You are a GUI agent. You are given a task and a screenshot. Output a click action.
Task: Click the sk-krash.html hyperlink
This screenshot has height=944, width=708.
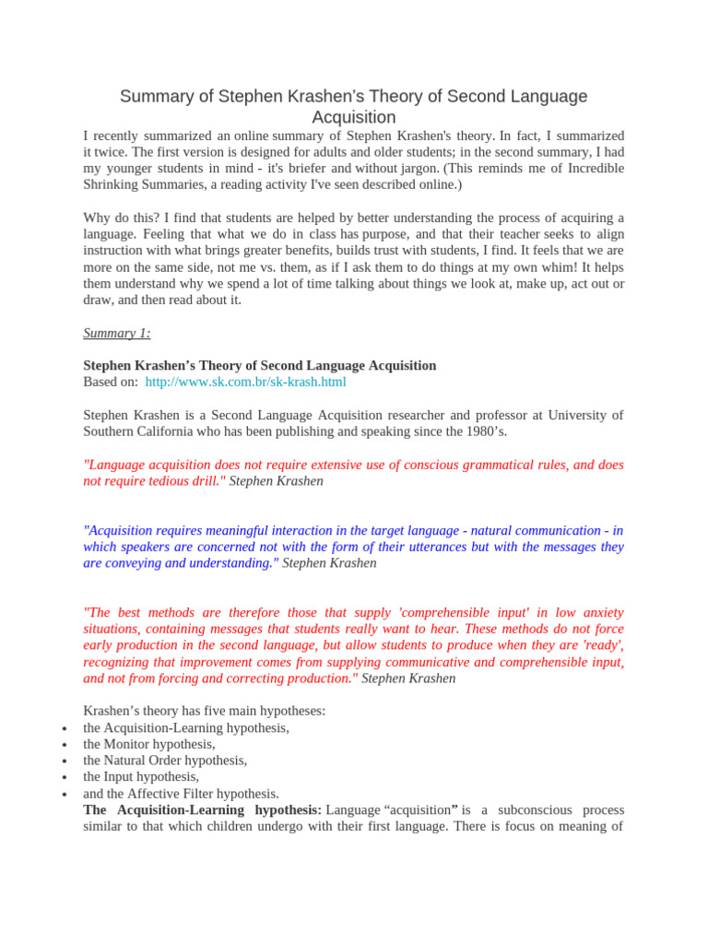[x=245, y=382]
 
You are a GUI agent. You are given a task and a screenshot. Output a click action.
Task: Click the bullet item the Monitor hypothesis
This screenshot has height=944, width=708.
[x=149, y=744]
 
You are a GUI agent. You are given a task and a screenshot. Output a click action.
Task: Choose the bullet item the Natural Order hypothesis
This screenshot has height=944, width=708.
[x=165, y=761]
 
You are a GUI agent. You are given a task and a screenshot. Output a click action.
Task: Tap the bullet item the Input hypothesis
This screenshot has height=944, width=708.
[x=141, y=777]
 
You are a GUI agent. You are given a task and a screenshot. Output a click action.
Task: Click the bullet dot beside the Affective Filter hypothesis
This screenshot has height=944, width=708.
[x=64, y=795]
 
